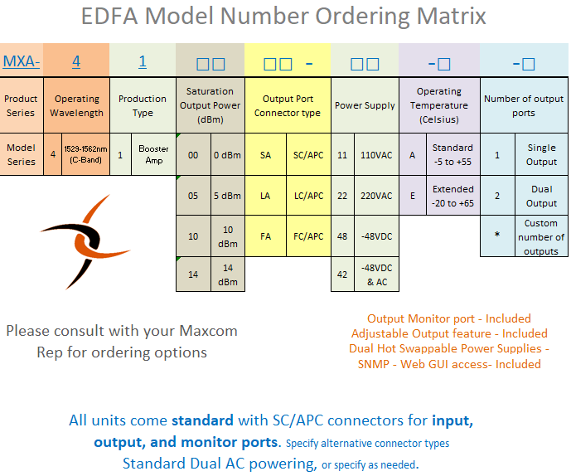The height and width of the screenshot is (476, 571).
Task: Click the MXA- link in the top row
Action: pyautogui.click(x=21, y=61)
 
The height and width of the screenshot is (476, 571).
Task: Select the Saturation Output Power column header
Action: pyautogui.click(x=210, y=105)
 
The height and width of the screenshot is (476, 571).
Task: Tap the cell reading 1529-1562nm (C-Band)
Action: pyautogui.click(x=85, y=154)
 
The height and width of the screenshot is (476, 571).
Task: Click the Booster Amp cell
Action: pyautogui.click(x=153, y=154)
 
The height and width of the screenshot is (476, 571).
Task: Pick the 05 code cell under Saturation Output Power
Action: pyautogui.click(x=193, y=196)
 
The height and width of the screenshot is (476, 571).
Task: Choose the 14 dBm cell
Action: pyautogui.click(x=228, y=274)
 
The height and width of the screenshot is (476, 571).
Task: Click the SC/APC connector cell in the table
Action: pyautogui.click(x=308, y=155)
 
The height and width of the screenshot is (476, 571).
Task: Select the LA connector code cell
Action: pyautogui.click(x=265, y=196)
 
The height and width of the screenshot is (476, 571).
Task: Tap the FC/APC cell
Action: pyautogui.click(x=308, y=236)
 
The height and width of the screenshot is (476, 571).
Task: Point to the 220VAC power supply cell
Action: pyautogui.click(x=376, y=196)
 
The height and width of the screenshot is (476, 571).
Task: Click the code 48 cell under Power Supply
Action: pyautogui.click(x=342, y=236)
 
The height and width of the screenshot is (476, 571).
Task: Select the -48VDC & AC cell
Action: pyautogui.click(x=376, y=274)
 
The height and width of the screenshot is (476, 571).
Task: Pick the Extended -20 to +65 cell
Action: pyautogui.click(x=453, y=196)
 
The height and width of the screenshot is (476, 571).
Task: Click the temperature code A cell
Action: pyautogui.click(x=413, y=155)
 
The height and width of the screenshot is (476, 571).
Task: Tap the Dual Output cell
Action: pyautogui.click(x=541, y=196)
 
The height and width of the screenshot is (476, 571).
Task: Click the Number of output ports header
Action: pyautogui.click(x=524, y=105)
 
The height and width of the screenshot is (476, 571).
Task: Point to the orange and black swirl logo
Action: pyautogui.click(x=85, y=242)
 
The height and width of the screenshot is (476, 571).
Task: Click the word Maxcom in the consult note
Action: pyautogui.click(x=208, y=331)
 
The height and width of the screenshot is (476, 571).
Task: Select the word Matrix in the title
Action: pyautogui.click(x=451, y=16)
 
